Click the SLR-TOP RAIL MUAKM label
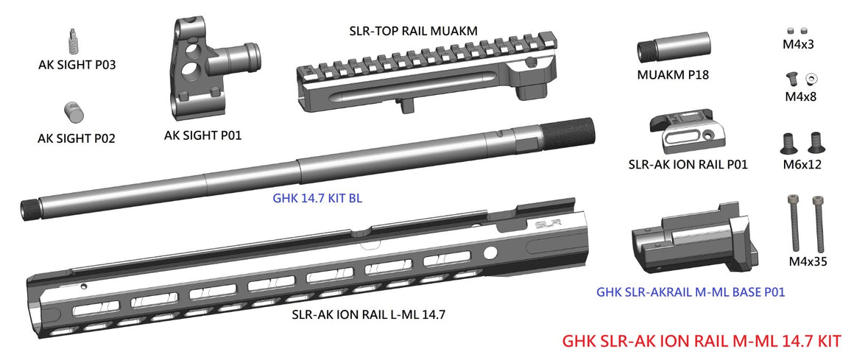point(413,31)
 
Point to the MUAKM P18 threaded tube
point(673,51)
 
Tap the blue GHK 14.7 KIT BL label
point(317,199)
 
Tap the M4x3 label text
point(799,44)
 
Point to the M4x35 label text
point(805,261)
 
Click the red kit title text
point(701,342)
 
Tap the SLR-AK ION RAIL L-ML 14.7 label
point(368,314)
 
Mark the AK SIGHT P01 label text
point(202,135)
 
